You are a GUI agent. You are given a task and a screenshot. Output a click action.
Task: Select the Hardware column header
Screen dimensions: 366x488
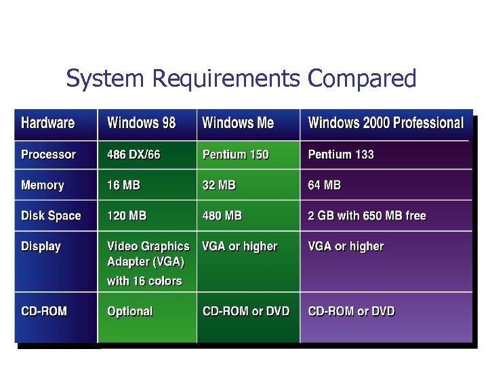click(47, 123)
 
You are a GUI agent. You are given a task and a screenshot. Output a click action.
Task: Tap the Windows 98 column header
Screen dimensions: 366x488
click(141, 123)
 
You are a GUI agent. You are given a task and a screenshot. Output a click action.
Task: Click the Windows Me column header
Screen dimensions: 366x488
click(238, 123)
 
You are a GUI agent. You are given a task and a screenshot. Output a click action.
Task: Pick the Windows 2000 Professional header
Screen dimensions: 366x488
click(386, 123)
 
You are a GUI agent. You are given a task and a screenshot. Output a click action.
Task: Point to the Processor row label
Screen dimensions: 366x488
click(49, 155)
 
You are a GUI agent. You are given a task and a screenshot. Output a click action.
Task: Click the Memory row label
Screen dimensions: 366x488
click(43, 185)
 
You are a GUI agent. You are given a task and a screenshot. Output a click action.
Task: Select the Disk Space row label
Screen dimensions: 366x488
click(51, 216)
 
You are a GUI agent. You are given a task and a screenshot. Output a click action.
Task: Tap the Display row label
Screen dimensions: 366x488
click(41, 247)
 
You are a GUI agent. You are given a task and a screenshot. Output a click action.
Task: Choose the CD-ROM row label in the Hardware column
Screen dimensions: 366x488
click(44, 312)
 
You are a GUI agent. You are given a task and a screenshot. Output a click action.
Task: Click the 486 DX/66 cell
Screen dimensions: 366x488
click(134, 155)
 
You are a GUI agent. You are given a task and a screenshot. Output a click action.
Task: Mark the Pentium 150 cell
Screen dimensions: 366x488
click(235, 155)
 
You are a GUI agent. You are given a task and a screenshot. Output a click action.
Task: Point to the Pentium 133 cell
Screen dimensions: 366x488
click(341, 155)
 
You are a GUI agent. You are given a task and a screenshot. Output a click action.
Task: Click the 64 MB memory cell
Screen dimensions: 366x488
click(325, 185)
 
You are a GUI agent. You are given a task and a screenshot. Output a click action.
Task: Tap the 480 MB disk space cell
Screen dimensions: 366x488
click(222, 216)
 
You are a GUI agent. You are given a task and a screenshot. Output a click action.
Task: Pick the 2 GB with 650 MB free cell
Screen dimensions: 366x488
click(367, 216)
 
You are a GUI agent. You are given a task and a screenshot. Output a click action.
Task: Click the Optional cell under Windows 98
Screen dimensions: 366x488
click(129, 312)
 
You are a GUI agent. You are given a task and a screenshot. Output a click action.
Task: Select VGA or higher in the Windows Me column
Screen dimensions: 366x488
click(240, 247)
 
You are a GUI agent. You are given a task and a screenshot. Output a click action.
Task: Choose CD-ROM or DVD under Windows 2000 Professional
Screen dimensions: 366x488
click(351, 312)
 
